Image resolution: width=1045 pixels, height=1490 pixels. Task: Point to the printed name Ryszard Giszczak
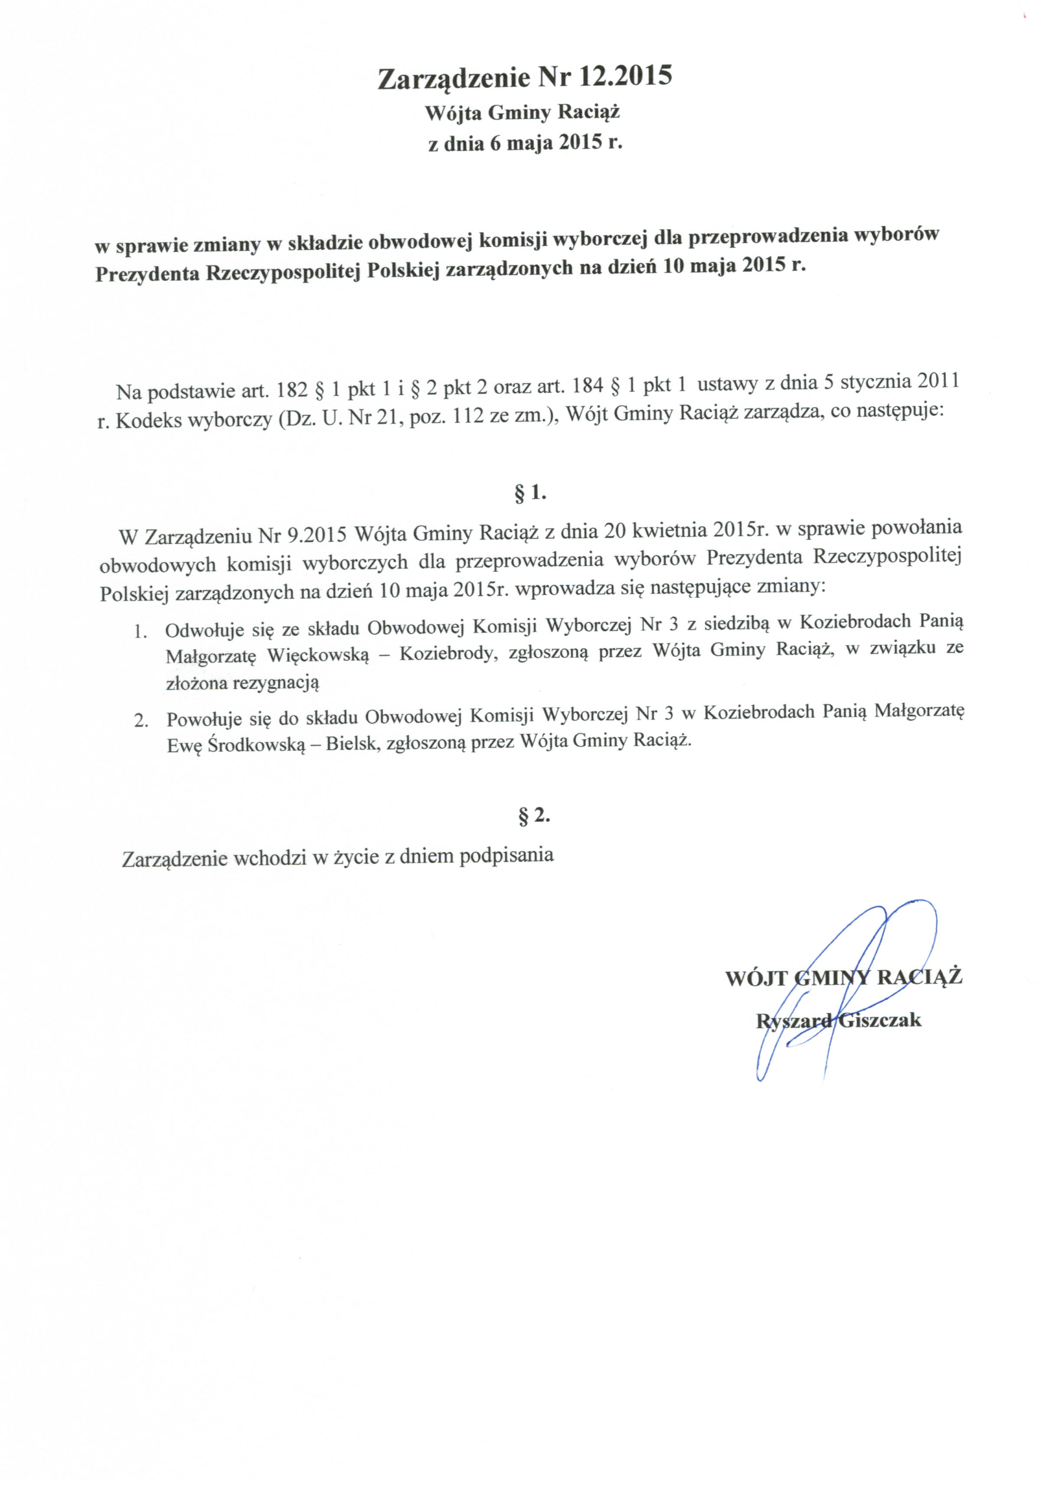tap(838, 1021)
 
